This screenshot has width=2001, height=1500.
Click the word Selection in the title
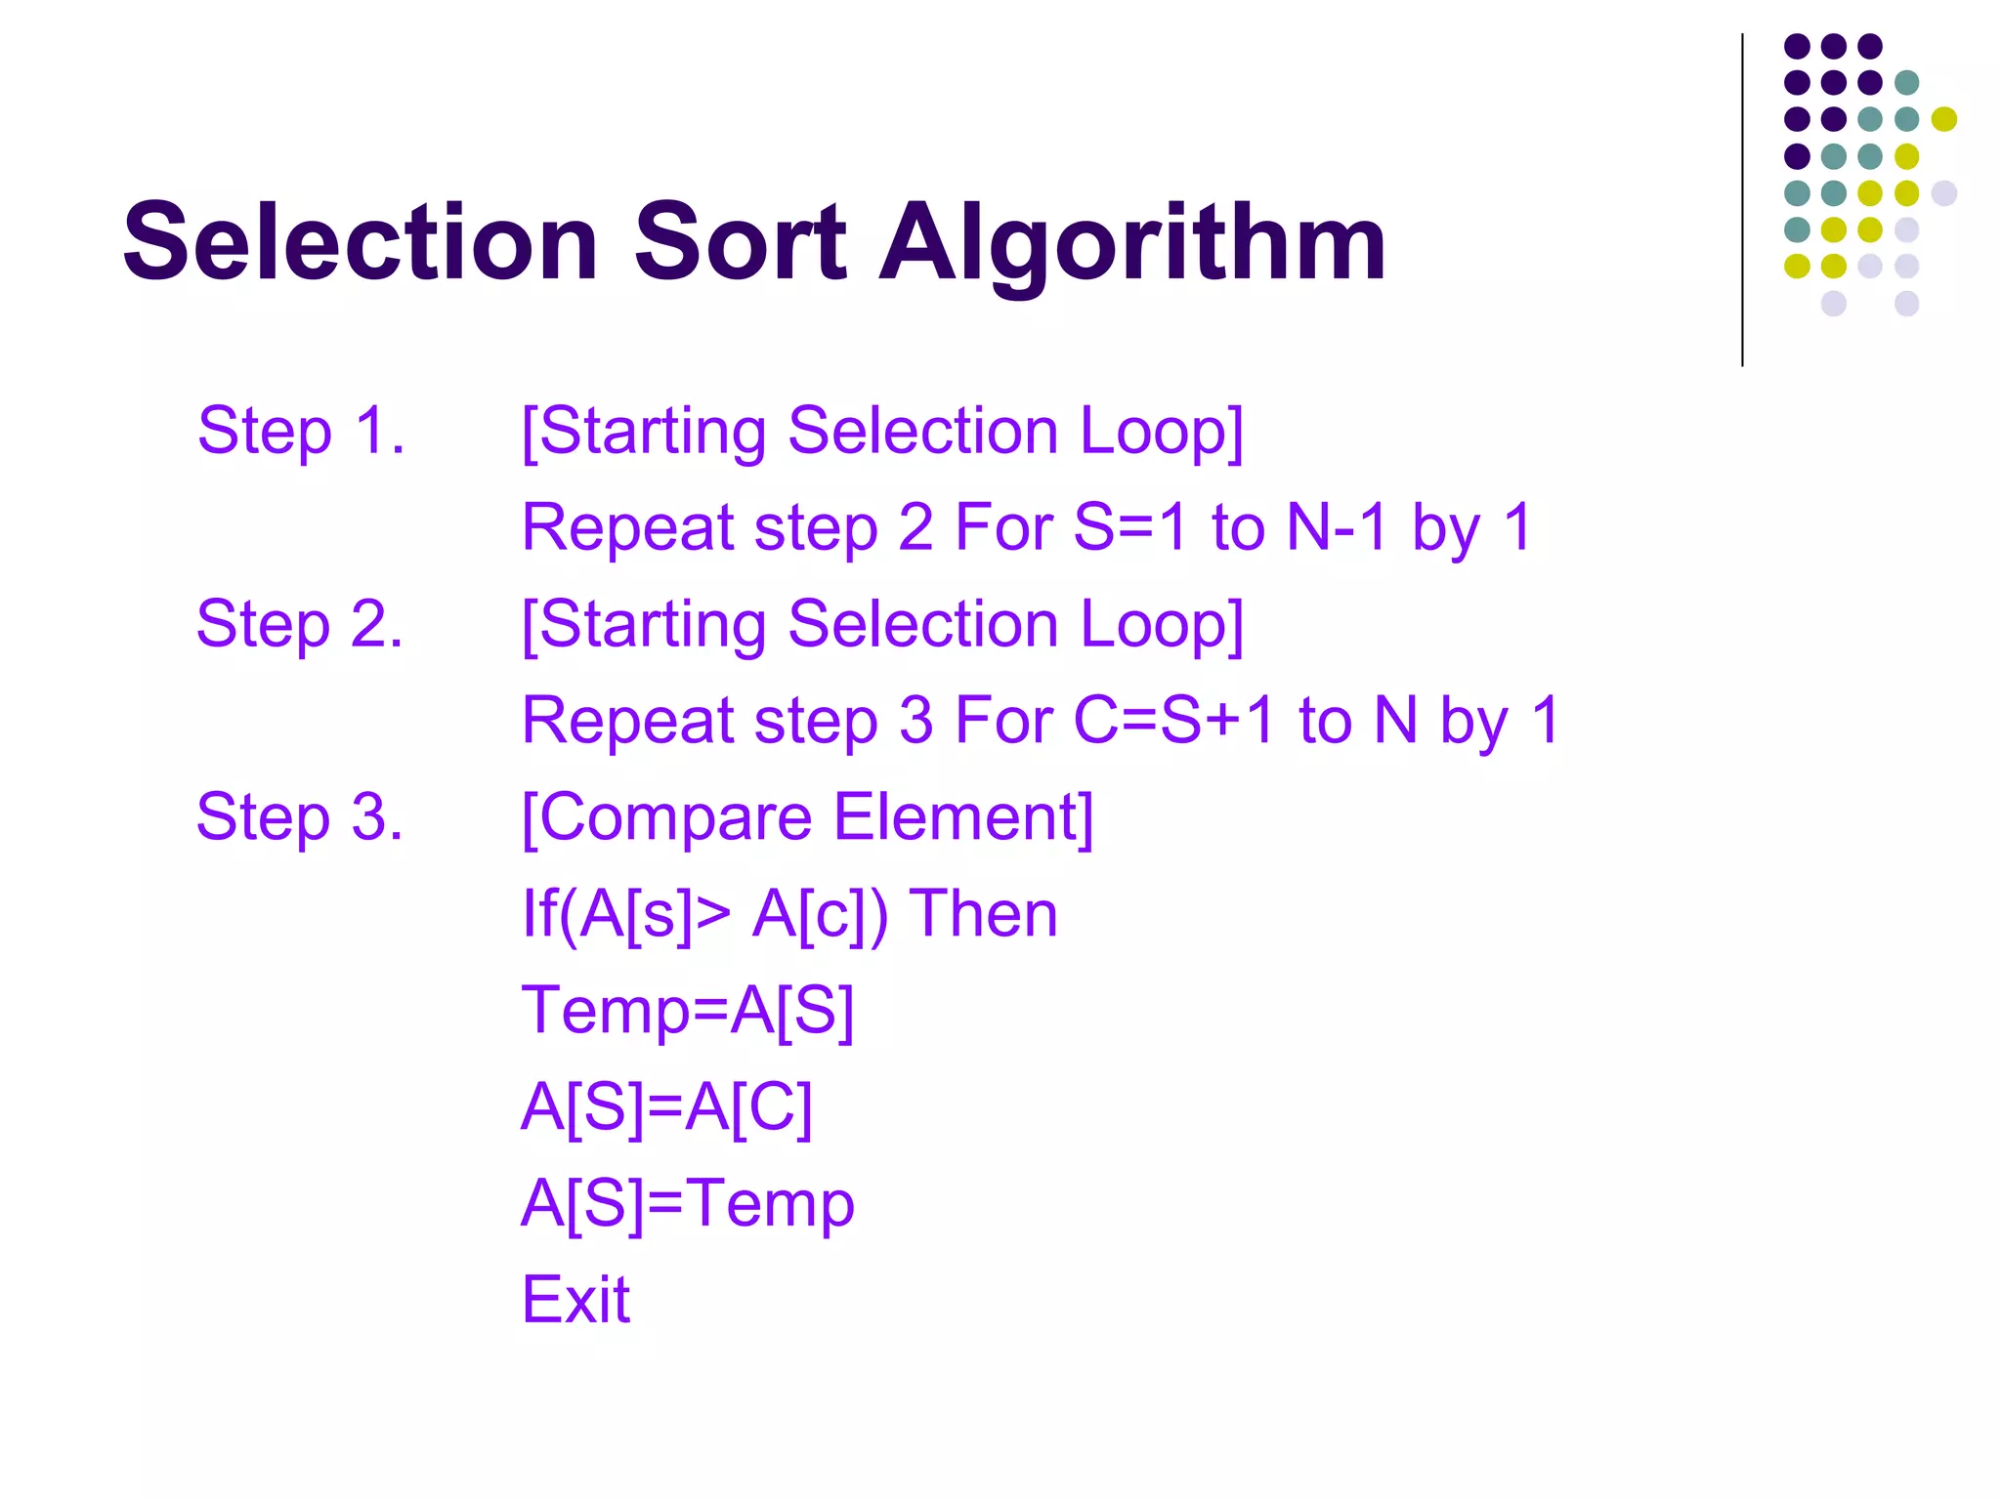pos(360,241)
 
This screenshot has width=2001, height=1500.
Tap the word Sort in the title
pos(740,241)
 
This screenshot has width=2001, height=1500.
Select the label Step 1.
pos(301,431)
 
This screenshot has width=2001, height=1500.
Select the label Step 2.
pos(300,624)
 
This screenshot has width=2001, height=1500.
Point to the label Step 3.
pos(300,817)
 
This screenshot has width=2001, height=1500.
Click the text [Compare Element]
pos(807,817)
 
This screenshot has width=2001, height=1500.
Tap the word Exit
pos(575,1300)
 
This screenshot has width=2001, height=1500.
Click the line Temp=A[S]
pos(688,1010)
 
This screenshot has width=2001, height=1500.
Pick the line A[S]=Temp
pos(688,1203)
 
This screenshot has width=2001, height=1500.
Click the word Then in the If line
pos(983,914)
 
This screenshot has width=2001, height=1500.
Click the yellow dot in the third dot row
pos(1943,119)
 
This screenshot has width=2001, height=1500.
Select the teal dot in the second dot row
pos(1906,82)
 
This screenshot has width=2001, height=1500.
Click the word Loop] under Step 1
pos(1161,431)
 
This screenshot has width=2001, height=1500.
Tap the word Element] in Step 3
pos(963,817)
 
